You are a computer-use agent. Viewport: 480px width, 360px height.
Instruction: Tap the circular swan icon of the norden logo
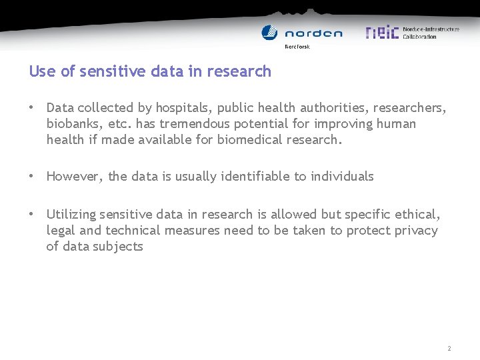269,33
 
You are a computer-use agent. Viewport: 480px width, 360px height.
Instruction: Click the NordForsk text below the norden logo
297,47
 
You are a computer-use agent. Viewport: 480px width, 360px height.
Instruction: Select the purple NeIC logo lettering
382,32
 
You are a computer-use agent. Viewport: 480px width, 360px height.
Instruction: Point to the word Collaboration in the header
419,37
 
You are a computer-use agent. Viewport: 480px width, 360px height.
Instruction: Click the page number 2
449,349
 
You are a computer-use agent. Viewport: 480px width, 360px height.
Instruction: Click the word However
74,177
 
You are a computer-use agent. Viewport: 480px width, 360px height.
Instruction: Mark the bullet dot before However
31,177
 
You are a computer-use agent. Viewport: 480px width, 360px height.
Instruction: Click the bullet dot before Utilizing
31,214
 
